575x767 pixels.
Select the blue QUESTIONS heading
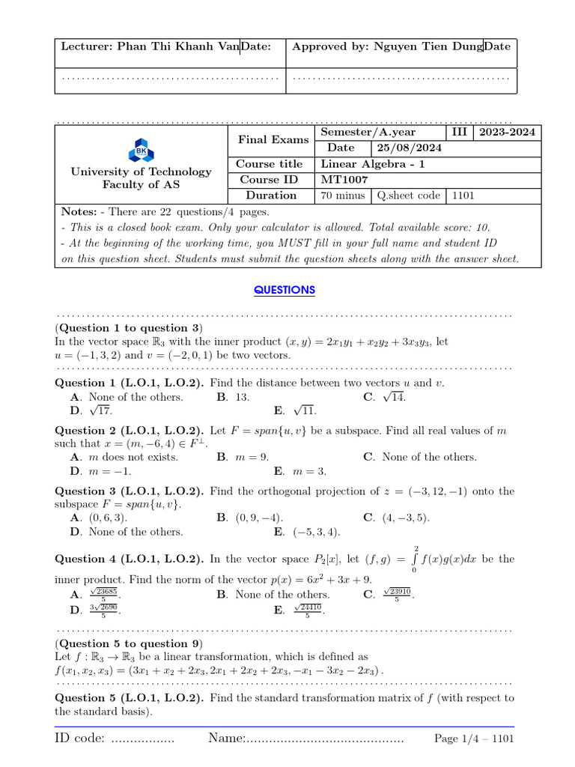[x=285, y=290]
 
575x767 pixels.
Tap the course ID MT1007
[x=344, y=180]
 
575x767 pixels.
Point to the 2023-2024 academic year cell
[x=507, y=133]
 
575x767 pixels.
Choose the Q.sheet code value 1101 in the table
[x=462, y=195]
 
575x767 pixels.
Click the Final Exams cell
[x=273, y=140]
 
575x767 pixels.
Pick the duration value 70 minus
[x=342, y=195]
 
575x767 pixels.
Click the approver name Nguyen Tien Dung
[x=425, y=46]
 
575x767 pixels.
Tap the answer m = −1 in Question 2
[x=100, y=471]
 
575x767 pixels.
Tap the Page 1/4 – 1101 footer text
[x=474, y=739]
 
